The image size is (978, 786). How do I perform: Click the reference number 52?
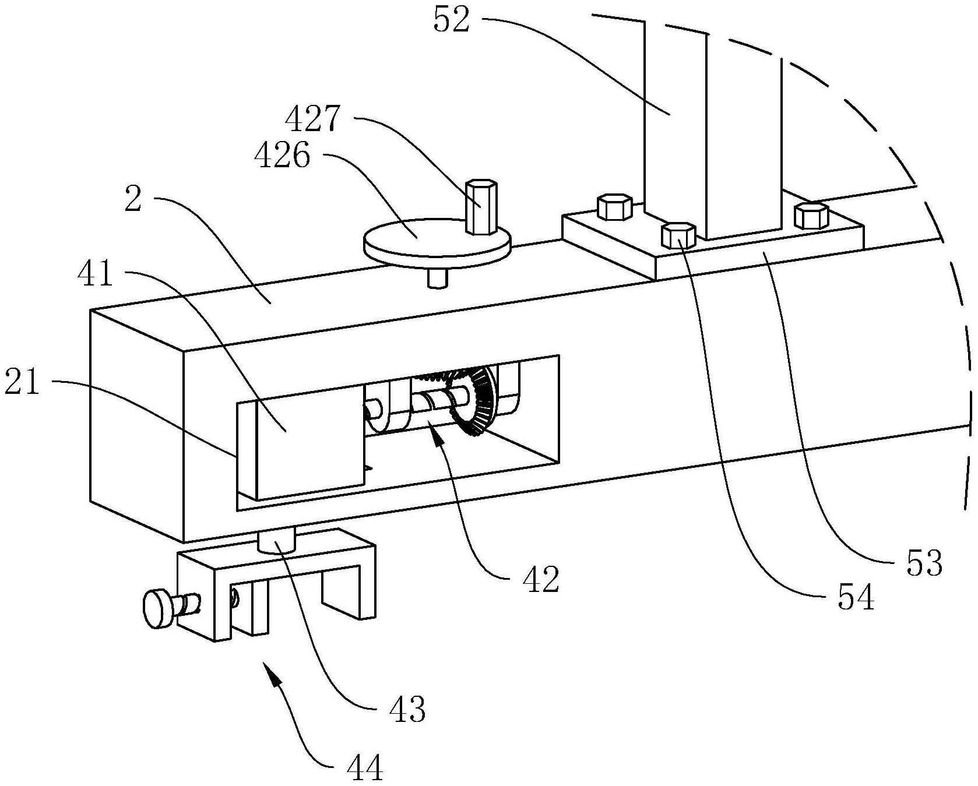pyautogui.click(x=451, y=20)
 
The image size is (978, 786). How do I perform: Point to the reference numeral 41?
pyautogui.click(x=96, y=273)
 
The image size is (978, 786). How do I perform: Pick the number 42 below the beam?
pyautogui.click(x=541, y=579)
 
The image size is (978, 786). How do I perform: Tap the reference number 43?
pyautogui.click(x=407, y=709)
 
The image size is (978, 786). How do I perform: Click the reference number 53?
pyautogui.click(x=924, y=563)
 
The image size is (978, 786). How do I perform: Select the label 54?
pyautogui.click(x=856, y=597)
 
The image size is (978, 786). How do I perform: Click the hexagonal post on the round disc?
pyautogui.click(x=481, y=207)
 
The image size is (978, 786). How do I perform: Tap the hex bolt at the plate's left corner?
pyautogui.click(x=614, y=207)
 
